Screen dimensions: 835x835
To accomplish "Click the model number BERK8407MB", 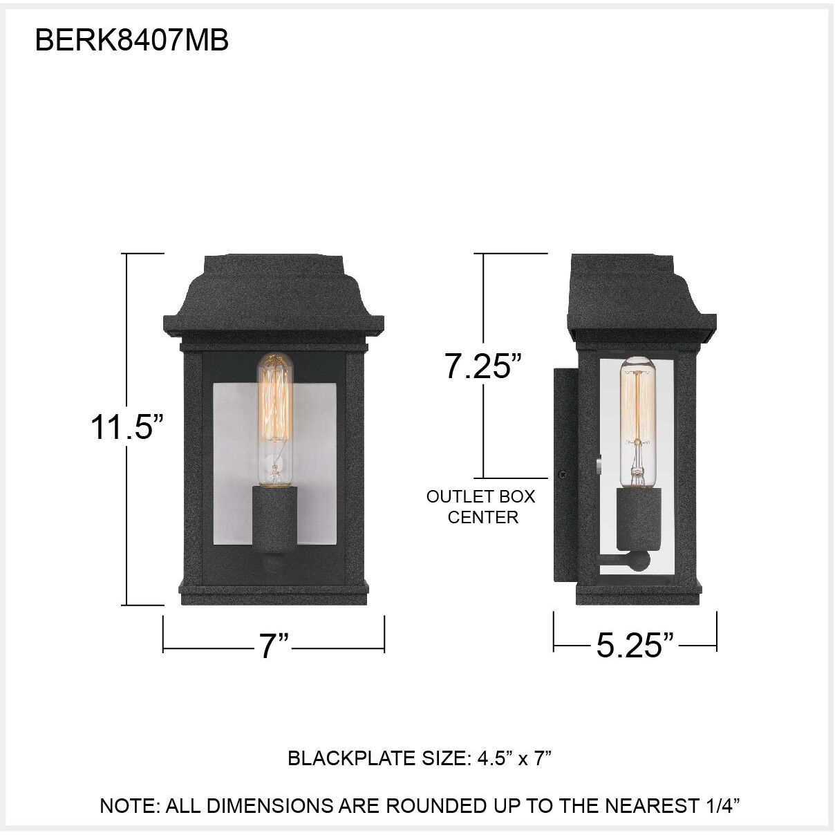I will point(131,41).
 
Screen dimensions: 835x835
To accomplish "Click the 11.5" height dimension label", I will point(127,426).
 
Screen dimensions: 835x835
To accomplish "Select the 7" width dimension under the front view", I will point(274,646).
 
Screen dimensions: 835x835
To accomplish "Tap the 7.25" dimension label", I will point(482,366).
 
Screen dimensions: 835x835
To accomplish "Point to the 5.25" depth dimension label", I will point(635,645).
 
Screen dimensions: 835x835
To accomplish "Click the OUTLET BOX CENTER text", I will point(481,507).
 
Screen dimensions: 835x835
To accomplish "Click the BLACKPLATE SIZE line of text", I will point(419,758).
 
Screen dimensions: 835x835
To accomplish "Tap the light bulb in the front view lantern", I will point(274,415).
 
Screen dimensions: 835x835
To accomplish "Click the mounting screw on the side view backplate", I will point(563,475).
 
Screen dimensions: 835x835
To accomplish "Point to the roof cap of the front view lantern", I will point(273,297).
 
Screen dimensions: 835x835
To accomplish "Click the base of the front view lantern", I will point(273,592).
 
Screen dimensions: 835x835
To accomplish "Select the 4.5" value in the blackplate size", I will point(494,758).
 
